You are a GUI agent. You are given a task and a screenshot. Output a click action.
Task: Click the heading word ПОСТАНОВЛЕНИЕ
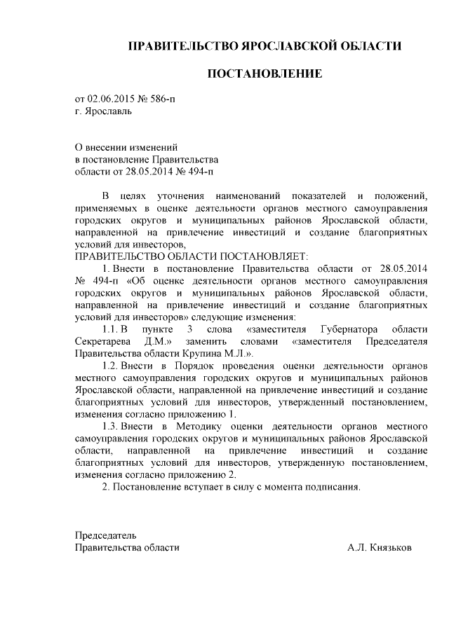pos(264,73)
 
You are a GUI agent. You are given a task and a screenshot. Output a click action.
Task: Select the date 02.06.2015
pos(111,99)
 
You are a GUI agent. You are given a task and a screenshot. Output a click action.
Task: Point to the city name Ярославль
pos(107,111)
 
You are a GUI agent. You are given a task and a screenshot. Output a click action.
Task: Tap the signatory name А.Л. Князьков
pos(380,548)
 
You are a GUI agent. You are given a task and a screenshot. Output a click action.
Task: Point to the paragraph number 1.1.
pos(111,329)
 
